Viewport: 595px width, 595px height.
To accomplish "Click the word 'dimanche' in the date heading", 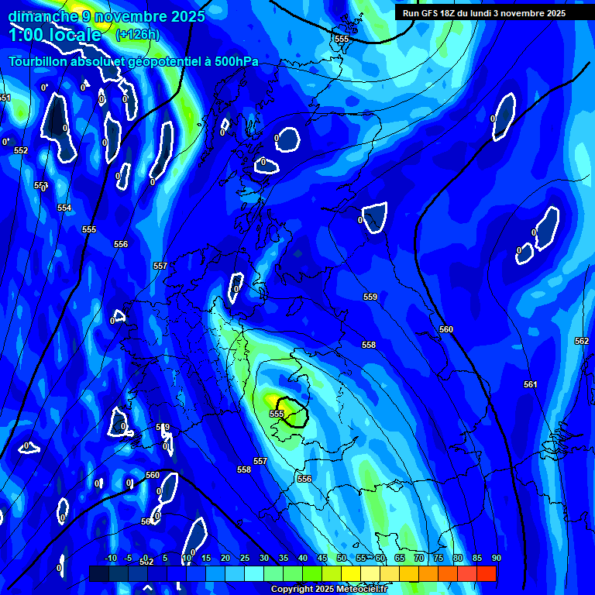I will pos(42,15).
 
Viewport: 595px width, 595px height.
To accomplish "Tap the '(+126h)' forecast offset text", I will pos(137,34).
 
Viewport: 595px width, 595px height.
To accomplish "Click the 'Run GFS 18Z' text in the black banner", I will pos(428,13).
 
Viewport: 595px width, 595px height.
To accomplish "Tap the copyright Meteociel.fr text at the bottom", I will pos(328,590).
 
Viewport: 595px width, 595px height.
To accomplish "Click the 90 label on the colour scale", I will pos(496,558).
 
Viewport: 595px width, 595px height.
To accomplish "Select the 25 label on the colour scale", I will pos(245,558).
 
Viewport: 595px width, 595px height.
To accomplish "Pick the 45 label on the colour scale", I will pos(322,558).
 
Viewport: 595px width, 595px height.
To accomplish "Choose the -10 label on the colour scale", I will pos(110,558).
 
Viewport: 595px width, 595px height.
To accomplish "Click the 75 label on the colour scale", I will pos(439,558).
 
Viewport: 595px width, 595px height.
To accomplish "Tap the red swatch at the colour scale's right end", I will pos(487,574).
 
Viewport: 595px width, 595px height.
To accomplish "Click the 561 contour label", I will pos(531,384).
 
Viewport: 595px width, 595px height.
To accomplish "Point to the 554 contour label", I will pos(64,208).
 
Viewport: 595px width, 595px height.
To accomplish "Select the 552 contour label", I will pos(21,151).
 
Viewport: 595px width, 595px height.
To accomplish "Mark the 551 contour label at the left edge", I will pos(5,98).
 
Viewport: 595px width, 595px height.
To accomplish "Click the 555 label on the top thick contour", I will pos(342,39).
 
